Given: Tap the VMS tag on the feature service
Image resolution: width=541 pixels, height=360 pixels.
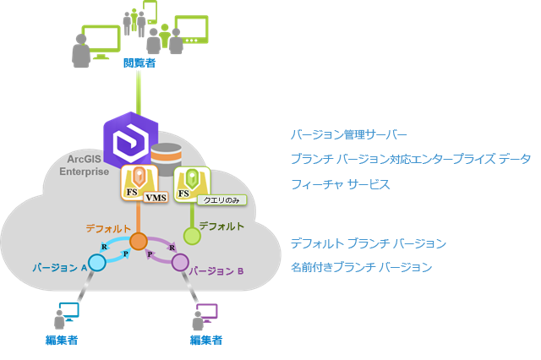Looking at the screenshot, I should click(x=156, y=198).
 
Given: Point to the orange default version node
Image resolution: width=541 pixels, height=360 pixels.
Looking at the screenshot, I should click(x=139, y=241).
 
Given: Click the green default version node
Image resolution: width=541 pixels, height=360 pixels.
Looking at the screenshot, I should click(x=193, y=236).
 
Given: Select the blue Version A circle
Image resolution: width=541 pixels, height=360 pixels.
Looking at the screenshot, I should click(x=97, y=263).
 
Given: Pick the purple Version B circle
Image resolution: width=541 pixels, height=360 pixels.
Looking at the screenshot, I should click(x=180, y=262).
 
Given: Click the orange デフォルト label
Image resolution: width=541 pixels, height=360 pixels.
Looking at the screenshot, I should click(x=107, y=228).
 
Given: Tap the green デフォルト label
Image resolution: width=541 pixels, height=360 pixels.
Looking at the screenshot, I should click(x=223, y=226).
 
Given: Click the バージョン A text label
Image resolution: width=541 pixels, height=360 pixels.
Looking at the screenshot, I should click(x=59, y=267).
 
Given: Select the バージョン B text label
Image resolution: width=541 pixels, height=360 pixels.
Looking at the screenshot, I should click(x=216, y=271).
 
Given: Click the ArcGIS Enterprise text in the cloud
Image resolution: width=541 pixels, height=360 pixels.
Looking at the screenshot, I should click(x=84, y=166).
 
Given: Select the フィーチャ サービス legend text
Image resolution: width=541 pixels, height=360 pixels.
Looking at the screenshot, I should click(x=340, y=184).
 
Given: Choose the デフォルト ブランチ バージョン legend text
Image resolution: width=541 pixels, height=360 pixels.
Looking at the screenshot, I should click(x=368, y=243).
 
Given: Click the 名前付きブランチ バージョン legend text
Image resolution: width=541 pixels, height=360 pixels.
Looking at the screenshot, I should click(x=361, y=267).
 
